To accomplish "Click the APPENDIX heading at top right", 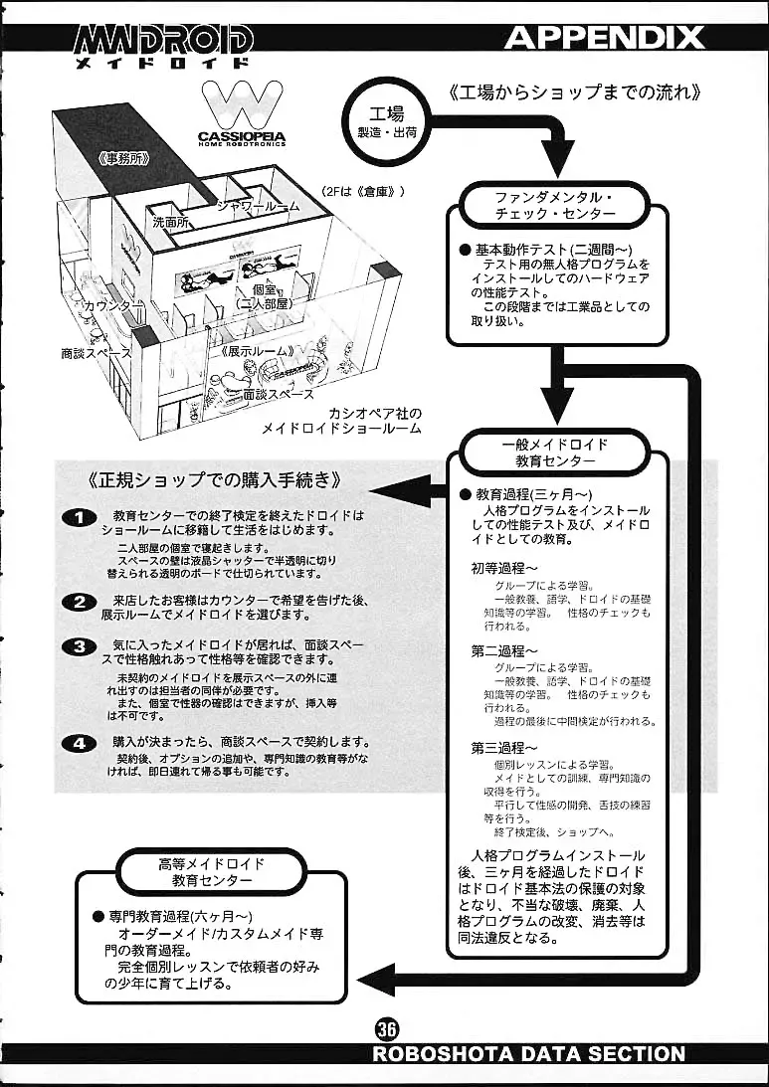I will [604, 38].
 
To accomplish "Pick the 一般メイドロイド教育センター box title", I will [554, 453].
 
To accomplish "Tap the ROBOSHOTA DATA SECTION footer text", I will [528, 1053].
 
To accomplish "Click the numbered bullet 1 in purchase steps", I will [79, 517].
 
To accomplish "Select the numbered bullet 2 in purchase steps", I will [79, 602].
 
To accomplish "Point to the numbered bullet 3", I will [79, 646].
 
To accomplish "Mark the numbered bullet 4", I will [79, 742].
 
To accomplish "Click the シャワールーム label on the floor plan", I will [258, 206].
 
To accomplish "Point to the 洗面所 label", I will [171, 223].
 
